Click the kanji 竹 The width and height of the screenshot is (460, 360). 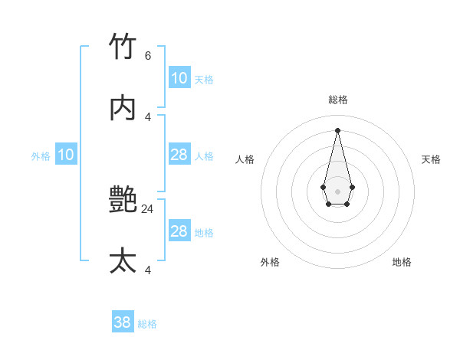point(123,47)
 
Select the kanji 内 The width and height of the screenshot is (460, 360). point(123,108)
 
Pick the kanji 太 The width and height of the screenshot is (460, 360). point(123,261)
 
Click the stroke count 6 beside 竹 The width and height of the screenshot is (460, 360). point(148,55)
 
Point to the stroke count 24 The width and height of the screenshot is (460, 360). point(148,208)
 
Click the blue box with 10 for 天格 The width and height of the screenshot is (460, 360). point(179,78)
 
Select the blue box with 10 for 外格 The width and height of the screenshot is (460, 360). point(66,155)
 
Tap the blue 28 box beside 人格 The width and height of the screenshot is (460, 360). point(179,155)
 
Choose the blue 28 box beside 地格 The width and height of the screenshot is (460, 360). point(179,231)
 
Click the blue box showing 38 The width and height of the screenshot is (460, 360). point(123,322)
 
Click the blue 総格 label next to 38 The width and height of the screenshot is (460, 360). point(147,324)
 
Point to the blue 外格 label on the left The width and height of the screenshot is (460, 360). point(41,156)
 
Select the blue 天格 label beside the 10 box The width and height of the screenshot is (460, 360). point(204,80)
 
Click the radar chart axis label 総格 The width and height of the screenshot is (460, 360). point(338,100)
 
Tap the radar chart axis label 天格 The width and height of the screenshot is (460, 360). point(431,159)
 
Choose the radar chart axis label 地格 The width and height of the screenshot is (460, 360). point(402,262)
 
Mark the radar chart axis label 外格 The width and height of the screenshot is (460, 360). point(270,262)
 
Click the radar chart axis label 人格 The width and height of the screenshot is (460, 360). point(245,159)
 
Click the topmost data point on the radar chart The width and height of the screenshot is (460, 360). point(337,129)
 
